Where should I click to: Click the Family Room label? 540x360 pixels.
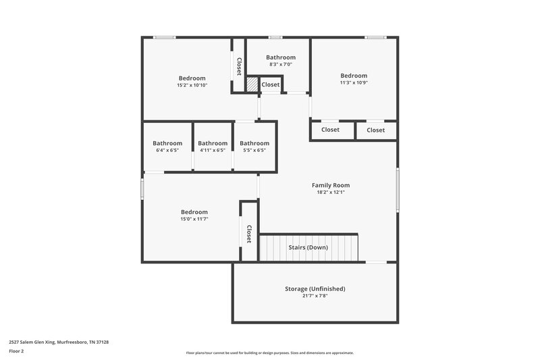(330, 185)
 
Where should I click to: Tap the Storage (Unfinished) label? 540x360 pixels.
(315, 288)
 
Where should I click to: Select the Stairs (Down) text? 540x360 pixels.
(308, 247)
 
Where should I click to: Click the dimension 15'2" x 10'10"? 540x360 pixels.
(192, 85)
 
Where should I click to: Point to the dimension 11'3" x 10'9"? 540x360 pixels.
(354, 82)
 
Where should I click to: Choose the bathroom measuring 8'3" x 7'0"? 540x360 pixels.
(281, 57)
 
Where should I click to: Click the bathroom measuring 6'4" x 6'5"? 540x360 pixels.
(167, 143)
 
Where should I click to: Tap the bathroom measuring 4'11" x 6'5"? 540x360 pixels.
(212, 143)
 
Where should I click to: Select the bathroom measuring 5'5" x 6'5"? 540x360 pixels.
(254, 143)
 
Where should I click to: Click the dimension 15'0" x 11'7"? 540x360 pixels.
(194, 219)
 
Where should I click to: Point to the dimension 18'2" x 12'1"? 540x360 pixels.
(330, 192)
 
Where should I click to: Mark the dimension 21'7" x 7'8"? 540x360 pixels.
(315, 296)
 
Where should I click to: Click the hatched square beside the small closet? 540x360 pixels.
(251, 84)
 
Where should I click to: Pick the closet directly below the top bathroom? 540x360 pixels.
(271, 84)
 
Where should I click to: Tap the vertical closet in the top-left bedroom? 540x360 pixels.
(239, 66)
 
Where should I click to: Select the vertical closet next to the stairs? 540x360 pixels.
(249, 234)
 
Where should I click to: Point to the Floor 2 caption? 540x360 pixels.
(16, 351)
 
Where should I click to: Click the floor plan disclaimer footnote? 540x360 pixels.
(270, 353)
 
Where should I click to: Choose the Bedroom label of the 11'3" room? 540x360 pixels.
(354, 76)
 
